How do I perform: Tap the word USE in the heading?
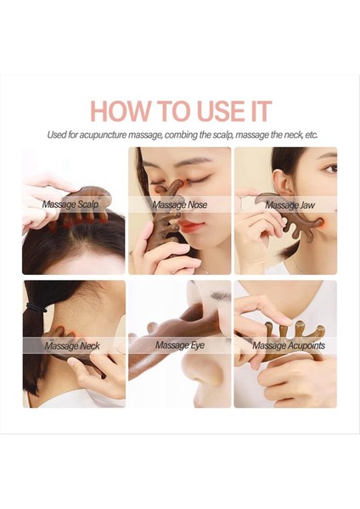tap(221, 111)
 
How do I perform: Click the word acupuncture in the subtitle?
tap(103, 135)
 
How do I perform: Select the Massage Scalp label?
tap(70, 204)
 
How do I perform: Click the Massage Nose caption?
tap(180, 204)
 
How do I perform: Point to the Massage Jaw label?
tap(290, 204)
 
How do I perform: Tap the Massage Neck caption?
tap(72, 346)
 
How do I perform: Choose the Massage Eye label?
tap(180, 345)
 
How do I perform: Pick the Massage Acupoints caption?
tap(289, 345)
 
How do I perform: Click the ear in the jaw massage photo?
tap(281, 182)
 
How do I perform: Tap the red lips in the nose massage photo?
tap(191, 226)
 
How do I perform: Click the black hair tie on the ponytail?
tap(36, 307)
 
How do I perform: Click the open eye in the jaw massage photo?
tap(331, 168)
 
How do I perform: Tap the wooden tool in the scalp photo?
tap(85, 204)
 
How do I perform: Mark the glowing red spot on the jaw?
tap(320, 224)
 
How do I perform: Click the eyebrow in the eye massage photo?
tap(221, 296)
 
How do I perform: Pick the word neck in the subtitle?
tap(290, 135)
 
